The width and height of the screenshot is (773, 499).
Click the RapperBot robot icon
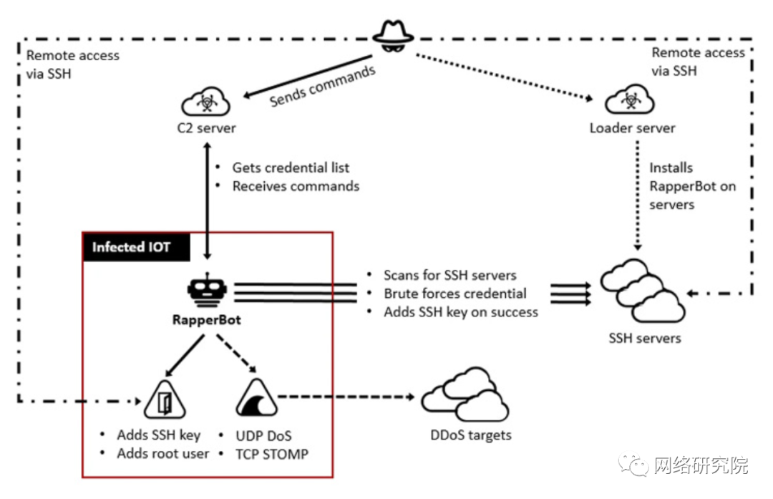(207, 291)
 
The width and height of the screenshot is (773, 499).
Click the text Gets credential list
(291, 168)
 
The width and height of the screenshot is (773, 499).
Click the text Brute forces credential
(454, 294)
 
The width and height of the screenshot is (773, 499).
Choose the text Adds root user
(163, 453)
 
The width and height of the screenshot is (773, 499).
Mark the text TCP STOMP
(272, 453)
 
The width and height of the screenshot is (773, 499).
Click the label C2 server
(207, 128)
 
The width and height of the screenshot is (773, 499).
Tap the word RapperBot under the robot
(207, 320)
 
